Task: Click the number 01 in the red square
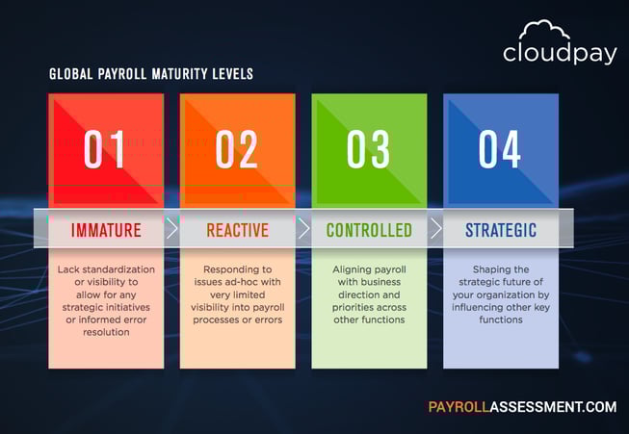point(105,149)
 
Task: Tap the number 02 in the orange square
point(237,149)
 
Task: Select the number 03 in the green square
point(368,149)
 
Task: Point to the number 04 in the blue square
point(500,149)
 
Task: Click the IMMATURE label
point(106,231)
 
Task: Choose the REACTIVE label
point(237,231)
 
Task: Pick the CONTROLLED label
point(369,231)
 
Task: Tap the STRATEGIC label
point(501,231)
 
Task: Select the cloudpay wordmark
point(559,53)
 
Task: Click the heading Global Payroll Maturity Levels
point(151,74)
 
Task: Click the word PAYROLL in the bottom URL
point(458,406)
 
